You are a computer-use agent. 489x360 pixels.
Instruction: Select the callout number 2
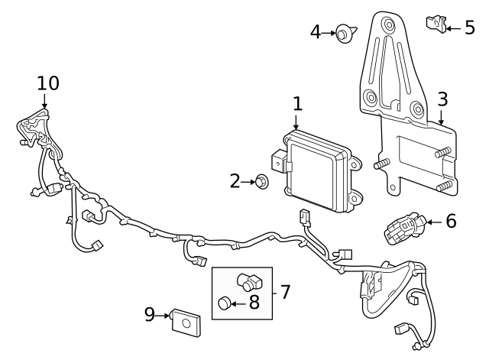click(x=235, y=180)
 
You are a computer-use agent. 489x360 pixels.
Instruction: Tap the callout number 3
click(x=442, y=99)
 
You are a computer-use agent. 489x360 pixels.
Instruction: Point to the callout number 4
click(x=316, y=32)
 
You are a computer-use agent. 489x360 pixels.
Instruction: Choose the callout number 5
click(x=470, y=28)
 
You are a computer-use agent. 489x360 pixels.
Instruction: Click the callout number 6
click(x=451, y=222)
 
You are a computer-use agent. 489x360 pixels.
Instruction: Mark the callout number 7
click(x=285, y=291)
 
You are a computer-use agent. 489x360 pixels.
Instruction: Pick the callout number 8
click(x=254, y=303)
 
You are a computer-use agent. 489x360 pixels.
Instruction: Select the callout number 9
click(x=150, y=313)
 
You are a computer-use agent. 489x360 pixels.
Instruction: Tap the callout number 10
click(x=47, y=83)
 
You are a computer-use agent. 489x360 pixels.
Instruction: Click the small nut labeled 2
click(x=261, y=182)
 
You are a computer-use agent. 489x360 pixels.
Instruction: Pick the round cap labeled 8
click(x=224, y=303)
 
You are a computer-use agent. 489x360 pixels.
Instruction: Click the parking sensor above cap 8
click(x=249, y=281)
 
